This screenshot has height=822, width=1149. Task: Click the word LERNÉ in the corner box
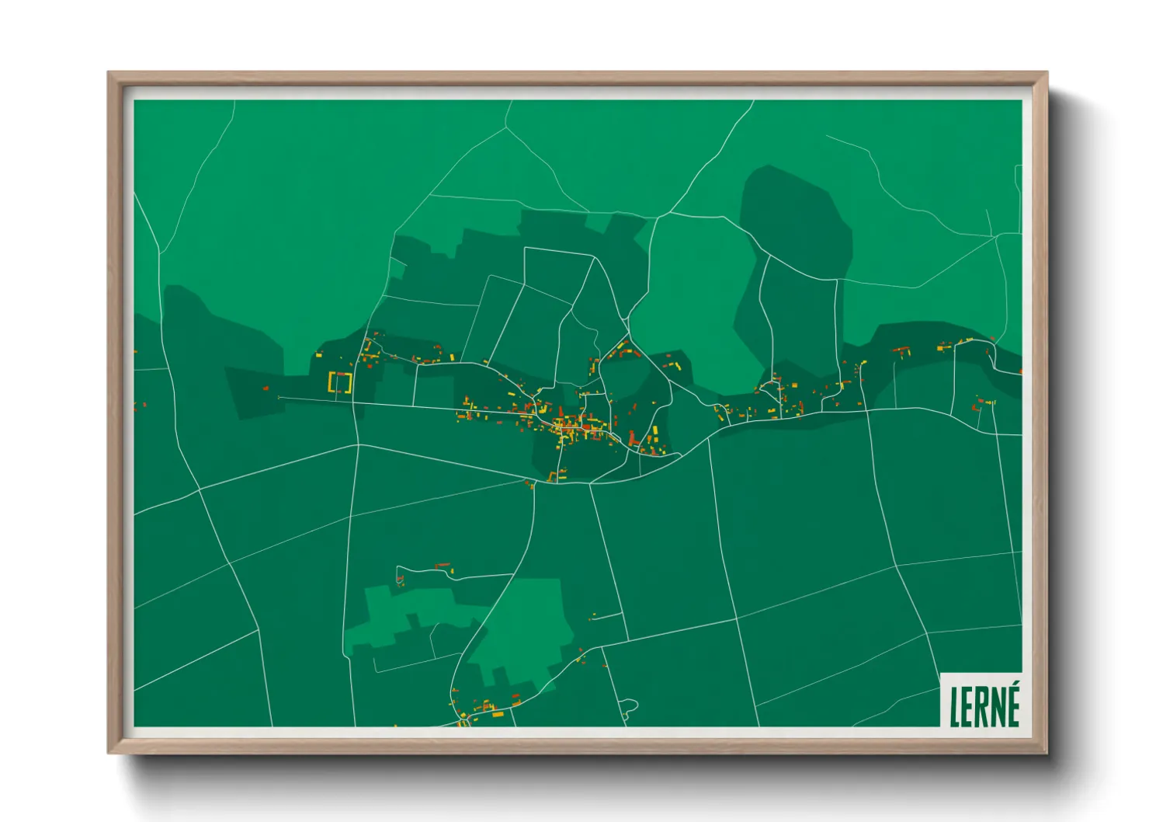click(984, 705)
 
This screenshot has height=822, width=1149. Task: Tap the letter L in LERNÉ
click(954, 707)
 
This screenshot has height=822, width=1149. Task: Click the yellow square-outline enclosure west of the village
click(340, 382)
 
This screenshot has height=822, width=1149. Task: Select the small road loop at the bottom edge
click(629, 707)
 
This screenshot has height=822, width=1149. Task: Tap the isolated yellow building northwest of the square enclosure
click(318, 355)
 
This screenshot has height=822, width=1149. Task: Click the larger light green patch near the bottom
click(520, 629)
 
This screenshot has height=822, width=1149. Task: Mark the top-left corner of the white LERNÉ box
click(941, 674)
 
